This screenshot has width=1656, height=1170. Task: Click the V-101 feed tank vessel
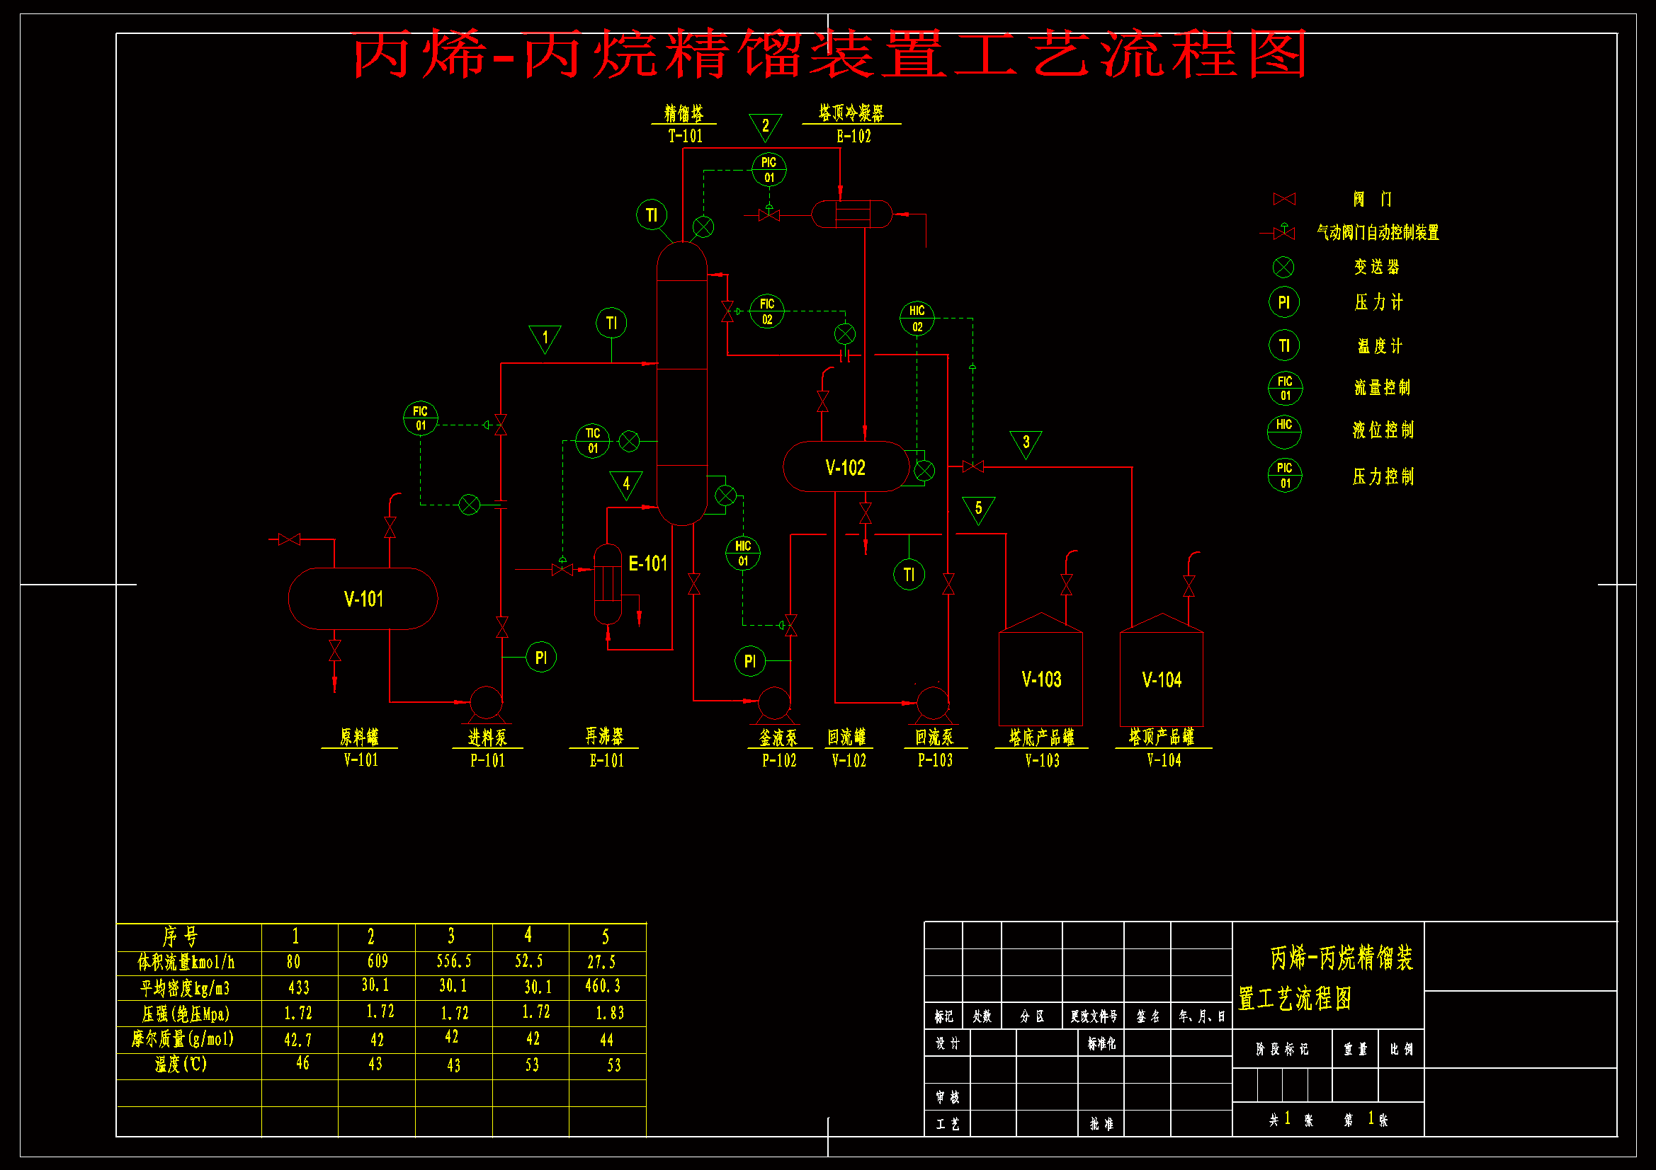(363, 598)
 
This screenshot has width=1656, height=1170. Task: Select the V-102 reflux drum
(845, 467)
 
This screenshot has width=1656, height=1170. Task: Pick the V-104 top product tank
(1161, 678)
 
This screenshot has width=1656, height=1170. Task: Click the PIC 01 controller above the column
(769, 169)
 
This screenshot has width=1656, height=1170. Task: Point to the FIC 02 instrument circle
(766, 311)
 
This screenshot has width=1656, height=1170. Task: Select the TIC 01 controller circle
(592, 440)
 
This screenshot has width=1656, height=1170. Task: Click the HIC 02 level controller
(917, 318)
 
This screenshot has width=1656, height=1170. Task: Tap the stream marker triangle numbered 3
(1026, 442)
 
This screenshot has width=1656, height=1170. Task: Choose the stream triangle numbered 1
(545, 338)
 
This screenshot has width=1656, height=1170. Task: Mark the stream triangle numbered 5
(978, 508)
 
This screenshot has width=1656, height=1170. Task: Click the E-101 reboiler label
(647, 563)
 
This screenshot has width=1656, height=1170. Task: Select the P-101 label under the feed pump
(487, 759)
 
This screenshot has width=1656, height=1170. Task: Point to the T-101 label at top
(684, 135)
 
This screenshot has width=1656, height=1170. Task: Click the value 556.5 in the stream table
(453, 961)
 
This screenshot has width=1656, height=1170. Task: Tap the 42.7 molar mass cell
(298, 1040)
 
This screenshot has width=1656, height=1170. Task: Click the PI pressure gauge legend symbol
(1284, 303)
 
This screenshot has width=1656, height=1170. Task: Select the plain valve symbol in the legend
(1284, 199)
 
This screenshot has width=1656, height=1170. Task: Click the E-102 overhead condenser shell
(852, 213)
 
